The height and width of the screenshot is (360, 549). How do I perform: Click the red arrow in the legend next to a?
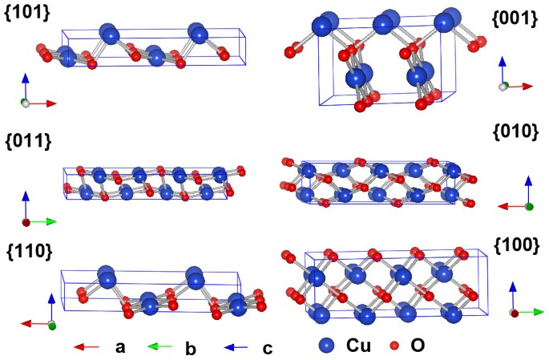[x=86, y=347]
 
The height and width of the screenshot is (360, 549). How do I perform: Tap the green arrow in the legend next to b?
[x=160, y=347]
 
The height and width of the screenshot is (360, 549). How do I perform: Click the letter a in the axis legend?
[x=120, y=347]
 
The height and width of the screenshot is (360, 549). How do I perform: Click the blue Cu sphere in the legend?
[x=326, y=346]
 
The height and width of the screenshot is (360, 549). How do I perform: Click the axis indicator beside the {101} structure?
[x=35, y=93]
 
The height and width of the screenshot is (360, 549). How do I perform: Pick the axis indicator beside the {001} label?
[x=511, y=77]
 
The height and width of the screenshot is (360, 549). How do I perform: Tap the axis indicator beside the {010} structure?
[x=517, y=197]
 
